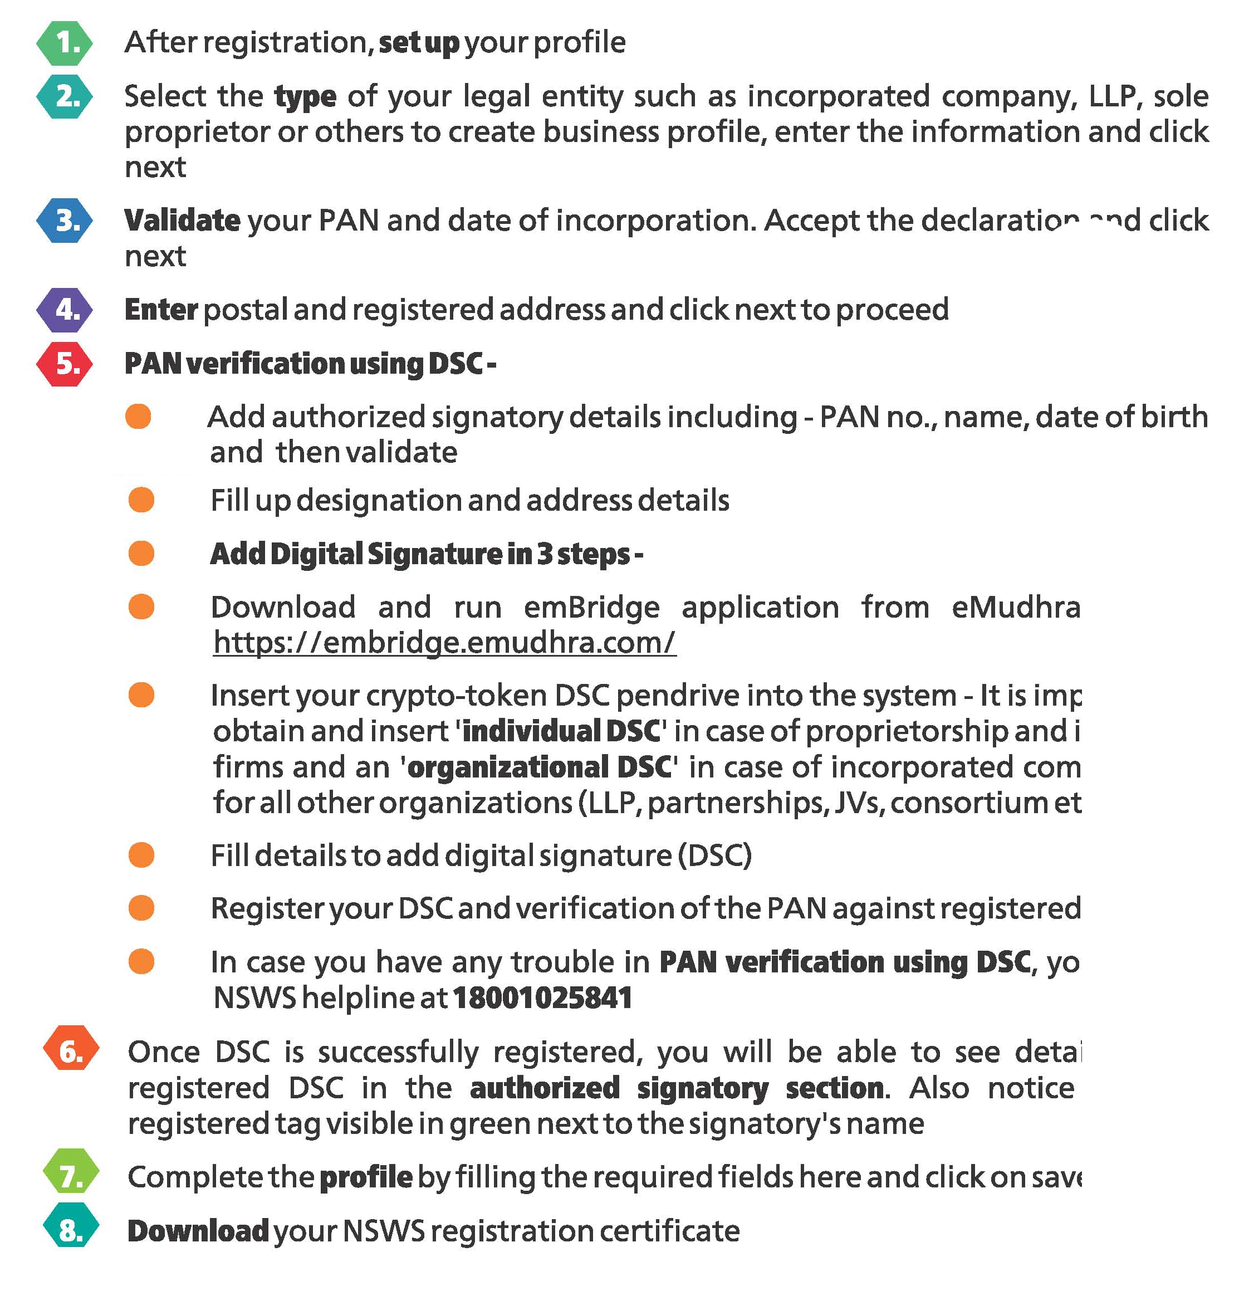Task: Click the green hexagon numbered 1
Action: point(64,43)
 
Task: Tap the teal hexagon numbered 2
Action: point(64,96)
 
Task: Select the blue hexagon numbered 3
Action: point(64,220)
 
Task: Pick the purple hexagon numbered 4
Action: point(64,309)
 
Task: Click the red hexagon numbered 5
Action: point(64,363)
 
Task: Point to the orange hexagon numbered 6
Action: point(71,1050)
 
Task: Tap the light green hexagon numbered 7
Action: point(71,1175)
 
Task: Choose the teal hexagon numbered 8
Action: point(71,1229)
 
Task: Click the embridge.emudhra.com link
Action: point(444,642)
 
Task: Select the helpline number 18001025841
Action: point(542,997)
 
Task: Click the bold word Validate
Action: point(182,220)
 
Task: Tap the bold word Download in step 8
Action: point(198,1230)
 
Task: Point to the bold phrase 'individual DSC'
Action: point(561,731)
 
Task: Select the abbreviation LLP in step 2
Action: point(1113,96)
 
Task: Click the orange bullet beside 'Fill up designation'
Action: point(141,500)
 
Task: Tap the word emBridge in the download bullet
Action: point(591,607)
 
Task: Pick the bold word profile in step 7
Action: point(366,1176)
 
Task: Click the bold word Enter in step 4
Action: point(161,309)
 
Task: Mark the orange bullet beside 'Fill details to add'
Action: point(141,855)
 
